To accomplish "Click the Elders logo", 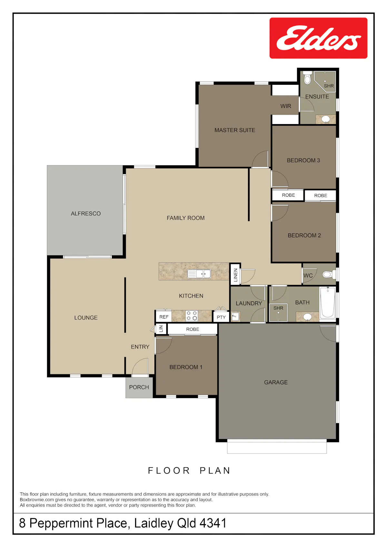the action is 318,38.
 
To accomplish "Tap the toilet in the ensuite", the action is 307,78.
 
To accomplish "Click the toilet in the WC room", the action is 328,275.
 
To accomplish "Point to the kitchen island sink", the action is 199,274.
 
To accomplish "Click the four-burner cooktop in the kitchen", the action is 192,316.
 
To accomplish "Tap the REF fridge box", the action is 164,317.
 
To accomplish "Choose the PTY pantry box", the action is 221,317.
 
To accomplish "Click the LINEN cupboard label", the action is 235,275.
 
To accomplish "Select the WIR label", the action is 286,106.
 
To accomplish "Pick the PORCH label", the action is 139,387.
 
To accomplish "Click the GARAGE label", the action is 276,382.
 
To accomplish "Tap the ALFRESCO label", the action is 85,213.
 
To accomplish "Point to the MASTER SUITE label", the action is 234,130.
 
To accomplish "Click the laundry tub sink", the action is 235,317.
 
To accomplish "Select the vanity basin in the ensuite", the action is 325,119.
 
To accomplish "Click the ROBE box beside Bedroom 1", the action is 192,329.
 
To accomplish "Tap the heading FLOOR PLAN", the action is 189,470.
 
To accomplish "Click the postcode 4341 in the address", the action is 213,523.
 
